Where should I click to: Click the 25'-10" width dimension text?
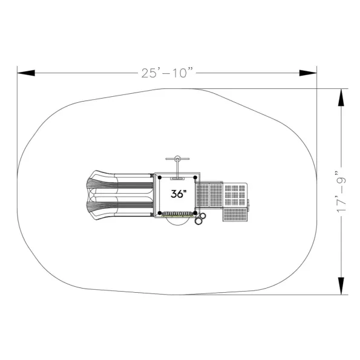point(167,73)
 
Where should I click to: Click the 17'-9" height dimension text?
point(341,191)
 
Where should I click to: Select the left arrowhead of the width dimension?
point(26,73)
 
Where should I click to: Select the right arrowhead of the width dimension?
point(308,73)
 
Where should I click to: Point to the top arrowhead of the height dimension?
point(341,97)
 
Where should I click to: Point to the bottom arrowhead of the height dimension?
point(341,286)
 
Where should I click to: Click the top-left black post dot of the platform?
point(160,177)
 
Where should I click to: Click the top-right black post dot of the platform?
point(195,177)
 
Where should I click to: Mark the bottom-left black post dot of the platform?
point(160,213)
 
